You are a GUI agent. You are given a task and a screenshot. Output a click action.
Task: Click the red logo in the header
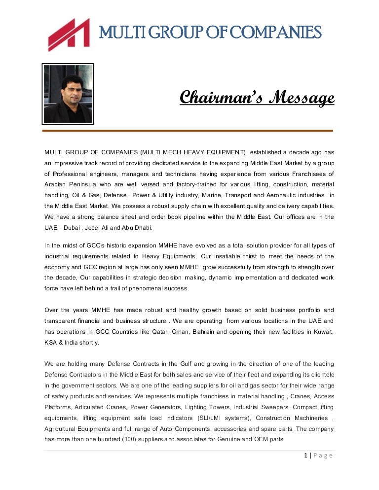(x=69, y=34)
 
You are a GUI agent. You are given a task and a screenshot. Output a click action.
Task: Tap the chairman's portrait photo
(x=68, y=94)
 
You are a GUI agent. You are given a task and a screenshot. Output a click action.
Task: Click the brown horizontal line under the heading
(x=188, y=131)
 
